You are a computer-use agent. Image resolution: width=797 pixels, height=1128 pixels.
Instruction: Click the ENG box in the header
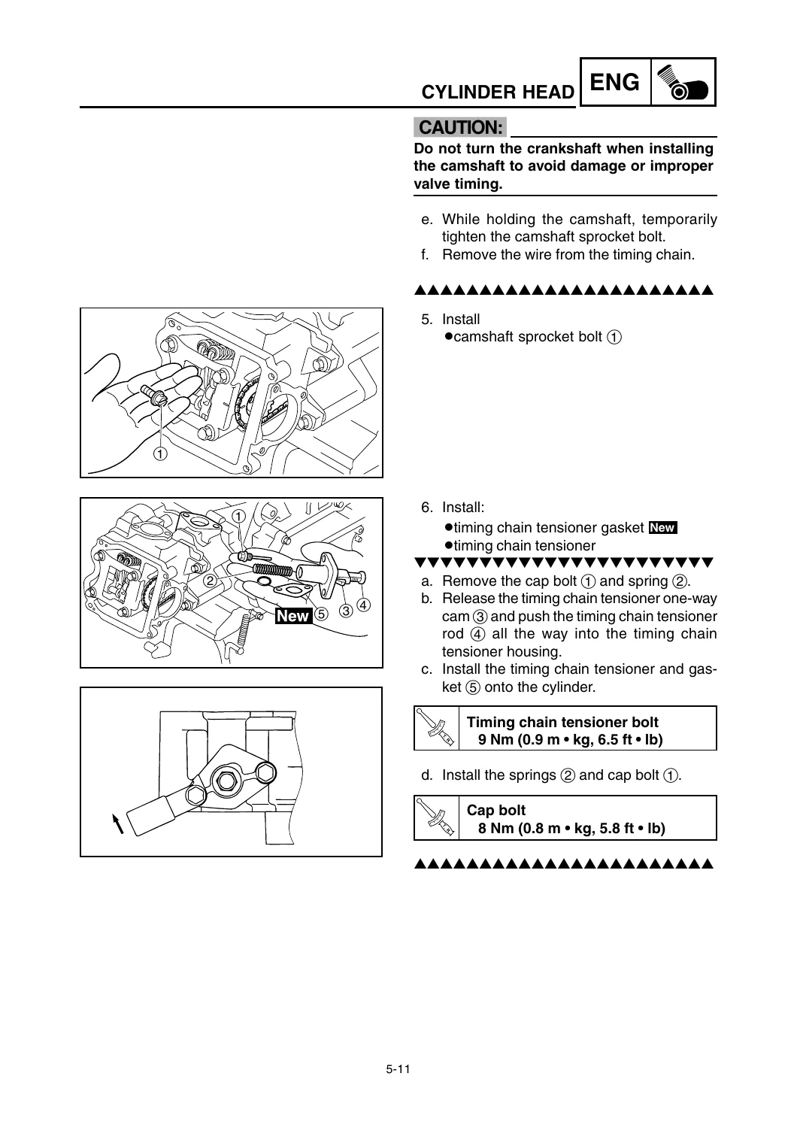[x=615, y=81]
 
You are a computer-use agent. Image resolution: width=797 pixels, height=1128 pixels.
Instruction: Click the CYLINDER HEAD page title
[x=498, y=92]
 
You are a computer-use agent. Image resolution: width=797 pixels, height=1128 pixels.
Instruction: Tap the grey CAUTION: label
[x=460, y=127]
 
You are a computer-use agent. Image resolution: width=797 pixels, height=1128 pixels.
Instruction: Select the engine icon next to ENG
[x=683, y=82]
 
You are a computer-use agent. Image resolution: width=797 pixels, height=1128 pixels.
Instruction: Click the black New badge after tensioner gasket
[x=662, y=527]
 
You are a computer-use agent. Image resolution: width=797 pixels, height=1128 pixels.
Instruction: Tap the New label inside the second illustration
[x=293, y=616]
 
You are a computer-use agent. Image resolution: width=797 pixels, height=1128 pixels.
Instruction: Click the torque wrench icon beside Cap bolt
[x=436, y=818]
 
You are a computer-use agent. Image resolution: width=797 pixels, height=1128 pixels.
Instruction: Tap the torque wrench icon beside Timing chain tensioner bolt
[x=436, y=728]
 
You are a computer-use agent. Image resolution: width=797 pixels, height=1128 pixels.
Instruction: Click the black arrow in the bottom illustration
[x=118, y=823]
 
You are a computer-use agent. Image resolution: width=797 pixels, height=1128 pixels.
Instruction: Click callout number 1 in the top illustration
[x=160, y=453]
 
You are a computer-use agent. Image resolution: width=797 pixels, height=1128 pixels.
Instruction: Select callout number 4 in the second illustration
[x=363, y=605]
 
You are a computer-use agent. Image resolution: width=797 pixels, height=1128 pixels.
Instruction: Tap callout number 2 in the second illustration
[x=210, y=581]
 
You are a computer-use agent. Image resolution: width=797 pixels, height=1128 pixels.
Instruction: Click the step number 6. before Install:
[x=427, y=507]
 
